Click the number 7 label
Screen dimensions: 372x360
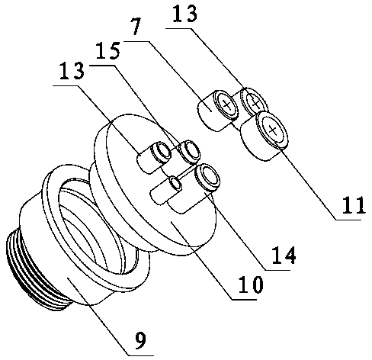coord(136,26)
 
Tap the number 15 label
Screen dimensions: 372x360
coord(107,51)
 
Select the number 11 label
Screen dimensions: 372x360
coord(354,205)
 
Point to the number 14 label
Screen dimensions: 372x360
coord(284,255)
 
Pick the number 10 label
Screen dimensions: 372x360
coord(250,284)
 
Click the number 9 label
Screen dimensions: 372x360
coord(140,341)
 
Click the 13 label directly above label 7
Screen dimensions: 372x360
coord(184,14)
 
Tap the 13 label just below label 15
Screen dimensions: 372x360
coord(72,70)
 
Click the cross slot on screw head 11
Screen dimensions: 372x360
coord(273,130)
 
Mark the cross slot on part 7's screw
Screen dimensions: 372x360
coord(226,104)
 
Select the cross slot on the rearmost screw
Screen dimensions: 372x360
coord(255,102)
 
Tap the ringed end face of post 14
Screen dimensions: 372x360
coord(207,177)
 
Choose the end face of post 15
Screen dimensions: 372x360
coord(190,150)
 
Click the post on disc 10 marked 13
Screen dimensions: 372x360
coord(153,157)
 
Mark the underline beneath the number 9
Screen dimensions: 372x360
coord(141,355)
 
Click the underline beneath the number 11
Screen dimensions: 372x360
coord(348,220)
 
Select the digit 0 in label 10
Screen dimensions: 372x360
coord(256,284)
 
